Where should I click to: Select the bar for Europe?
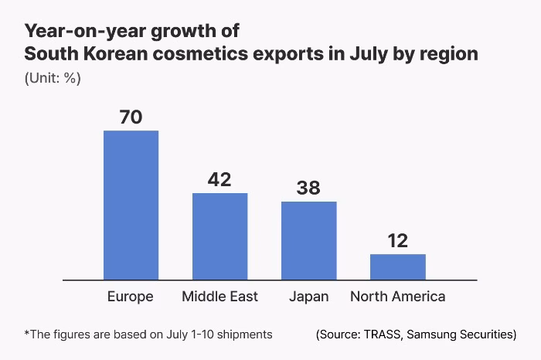pyautogui.click(x=131, y=205)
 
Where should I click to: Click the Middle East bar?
pyautogui.click(x=219, y=236)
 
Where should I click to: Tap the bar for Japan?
pyautogui.click(x=308, y=240)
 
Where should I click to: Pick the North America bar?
pyautogui.click(x=397, y=267)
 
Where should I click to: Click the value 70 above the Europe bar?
pyautogui.click(x=131, y=117)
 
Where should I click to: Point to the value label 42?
pyautogui.click(x=219, y=179)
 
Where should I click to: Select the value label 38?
pyautogui.click(x=308, y=188)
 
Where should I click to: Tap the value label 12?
pyautogui.click(x=397, y=240)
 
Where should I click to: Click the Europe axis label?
pyautogui.click(x=131, y=297)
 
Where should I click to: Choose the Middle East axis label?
pyautogui.click(x=219, y=297)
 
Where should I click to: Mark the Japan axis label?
pyautogui.click(x=308, y=297)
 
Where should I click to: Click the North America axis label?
pyautogui.click(x=397, y=297)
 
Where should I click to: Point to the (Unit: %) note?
pyautogui.click(x=53, y=78)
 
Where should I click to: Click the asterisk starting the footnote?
pyautogui.click(x=27, y=334)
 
